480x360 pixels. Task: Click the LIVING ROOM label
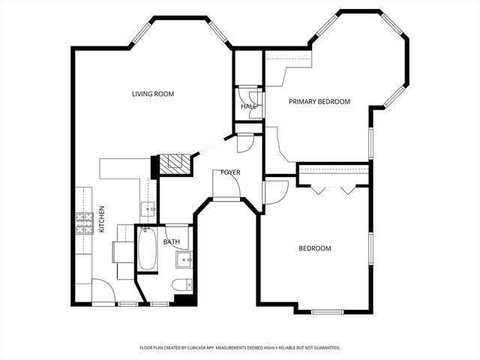tap(153, 94)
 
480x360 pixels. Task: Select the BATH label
tap(172, 241)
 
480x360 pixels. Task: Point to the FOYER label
tap(230, 172)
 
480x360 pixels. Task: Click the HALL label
tap(248, 106)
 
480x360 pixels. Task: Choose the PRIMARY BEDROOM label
tap(319, 101)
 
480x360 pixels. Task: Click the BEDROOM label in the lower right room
tap(315, 248)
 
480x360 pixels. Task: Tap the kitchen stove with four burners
tap(82, 222)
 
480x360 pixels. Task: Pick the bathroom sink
tap(184, 260)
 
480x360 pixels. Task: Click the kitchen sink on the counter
tap(148, 208)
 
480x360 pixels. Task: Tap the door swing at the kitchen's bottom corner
tap(103, 291)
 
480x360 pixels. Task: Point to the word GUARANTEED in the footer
tap(323, 348)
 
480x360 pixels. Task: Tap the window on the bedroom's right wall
tap(370, 248)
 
